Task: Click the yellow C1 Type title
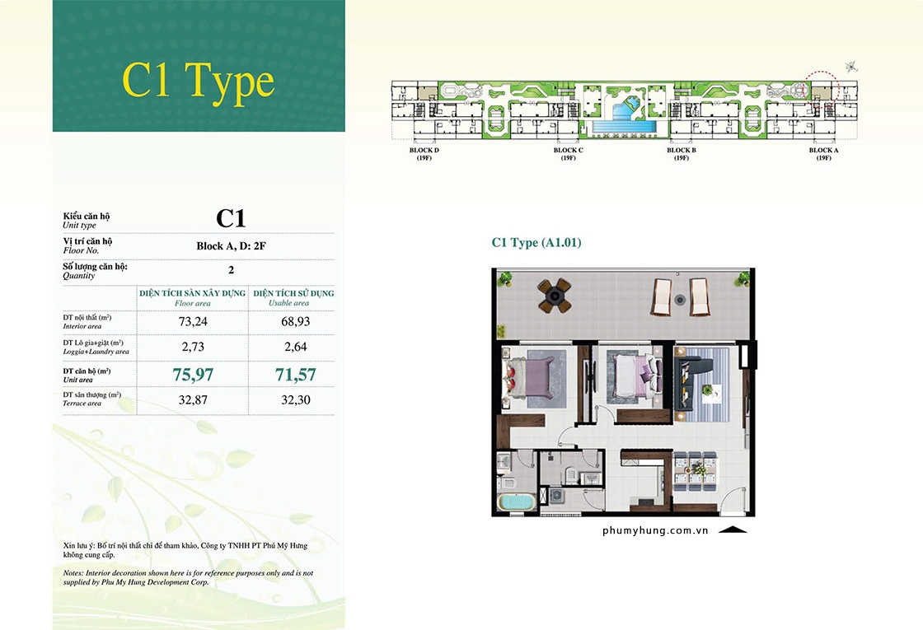coord(199,82)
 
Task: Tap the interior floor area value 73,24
coord(193,322)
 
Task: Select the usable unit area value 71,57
coord(296,375)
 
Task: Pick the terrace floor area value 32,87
coord(193,400)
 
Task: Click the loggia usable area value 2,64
coord(296,347)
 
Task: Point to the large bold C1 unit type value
coord(231,219)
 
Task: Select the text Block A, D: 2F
coord(231,246)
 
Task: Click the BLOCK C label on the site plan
coord(568,151)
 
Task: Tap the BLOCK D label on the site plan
coord(424,151)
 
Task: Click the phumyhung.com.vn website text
coord(655,530)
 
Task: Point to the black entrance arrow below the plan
coord(733,530)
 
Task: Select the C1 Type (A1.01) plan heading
coord(536,242)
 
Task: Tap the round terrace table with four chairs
coord(554,296)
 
